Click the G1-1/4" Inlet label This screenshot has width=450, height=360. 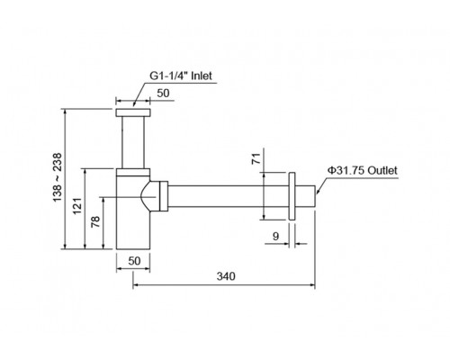pyautogui.click(x=181, y=76)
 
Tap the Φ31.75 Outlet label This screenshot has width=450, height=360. pyautogui.click(x=362, y=170)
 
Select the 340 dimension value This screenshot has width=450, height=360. pyautogui.click(x=226, y=276)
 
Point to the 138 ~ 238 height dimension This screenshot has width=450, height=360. pyautogui.click(x=57, y=177)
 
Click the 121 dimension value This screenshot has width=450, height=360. pyautogui.click(x=77, y=206)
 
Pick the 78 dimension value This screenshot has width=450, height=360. pyautogui.click(x=95, y=221)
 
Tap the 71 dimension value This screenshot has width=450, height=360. pyautogui.click(x=256, y=158)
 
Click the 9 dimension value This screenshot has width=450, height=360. pyautogui.click(x=275, y=237)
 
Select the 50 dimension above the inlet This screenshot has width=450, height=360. pyautogui.click(x=163, y=94)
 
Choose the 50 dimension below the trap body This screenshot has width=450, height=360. pyautogui.click(x=134, y=261)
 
